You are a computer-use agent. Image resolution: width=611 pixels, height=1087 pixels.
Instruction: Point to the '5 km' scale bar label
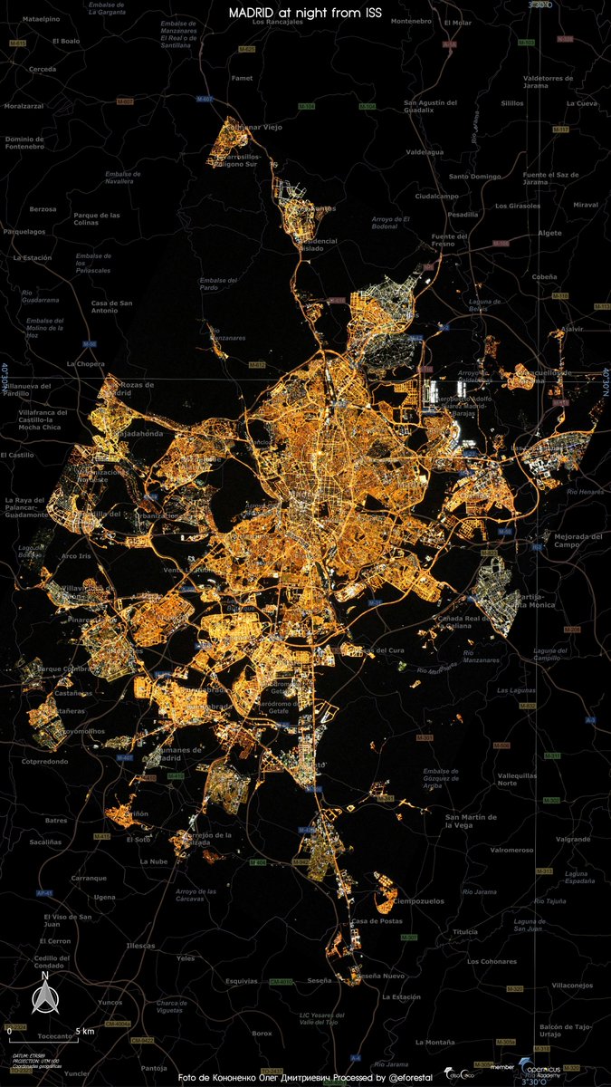point(85,1031)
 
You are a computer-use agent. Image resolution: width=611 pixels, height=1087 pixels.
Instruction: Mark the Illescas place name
point(140,945)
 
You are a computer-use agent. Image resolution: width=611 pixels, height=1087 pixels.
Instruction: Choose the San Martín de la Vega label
point(471,822)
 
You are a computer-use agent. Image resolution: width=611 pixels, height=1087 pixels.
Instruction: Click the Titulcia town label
point(465,932)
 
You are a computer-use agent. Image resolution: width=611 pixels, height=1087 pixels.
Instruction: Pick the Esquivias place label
point(242,980)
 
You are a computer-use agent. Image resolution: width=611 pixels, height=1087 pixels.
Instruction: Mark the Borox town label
point(262,1034)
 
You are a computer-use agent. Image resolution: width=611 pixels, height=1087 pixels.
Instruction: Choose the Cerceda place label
point(42,69)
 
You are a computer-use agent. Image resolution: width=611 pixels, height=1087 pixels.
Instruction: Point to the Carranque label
point(89,878)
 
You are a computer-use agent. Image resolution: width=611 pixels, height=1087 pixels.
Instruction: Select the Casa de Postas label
point(377,921)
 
